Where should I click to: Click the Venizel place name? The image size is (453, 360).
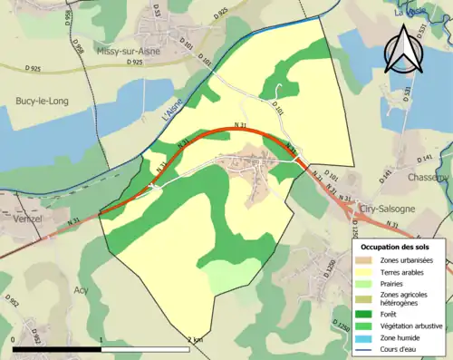[x=29, y=219]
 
